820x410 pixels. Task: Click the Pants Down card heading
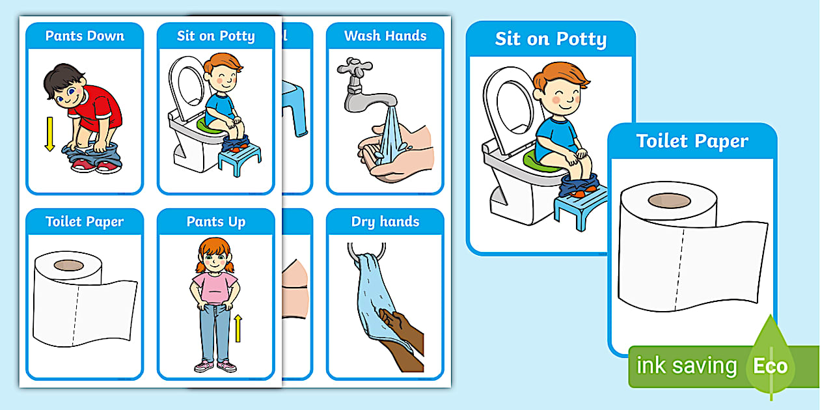(85, 36)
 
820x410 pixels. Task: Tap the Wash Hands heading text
(385, 36)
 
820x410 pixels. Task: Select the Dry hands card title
(385, 222)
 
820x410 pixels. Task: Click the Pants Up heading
(215, 222)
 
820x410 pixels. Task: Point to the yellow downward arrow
(49, 134)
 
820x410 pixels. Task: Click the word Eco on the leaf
(770, 366)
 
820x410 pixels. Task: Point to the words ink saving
(687, 366)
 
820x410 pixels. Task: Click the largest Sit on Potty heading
(551, 39)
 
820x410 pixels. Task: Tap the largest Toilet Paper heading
(692, 141)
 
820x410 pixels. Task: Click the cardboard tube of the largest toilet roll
(667, 200)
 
